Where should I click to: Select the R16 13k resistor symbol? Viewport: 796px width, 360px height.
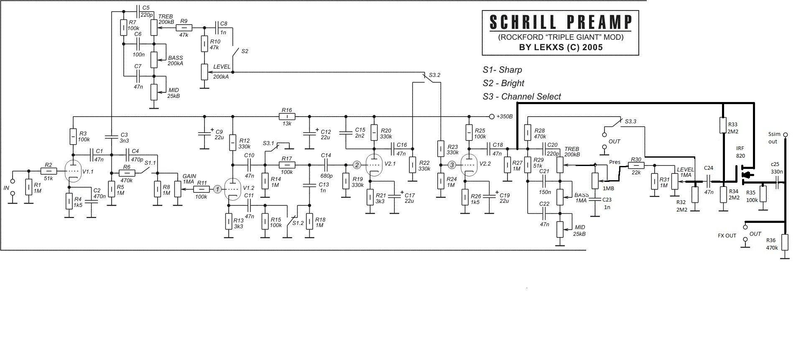[287, 116]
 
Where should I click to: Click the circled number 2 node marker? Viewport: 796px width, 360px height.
[357, 165]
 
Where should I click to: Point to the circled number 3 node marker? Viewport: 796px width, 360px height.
[452, 165]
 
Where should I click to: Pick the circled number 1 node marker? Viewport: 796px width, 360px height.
[217, 189]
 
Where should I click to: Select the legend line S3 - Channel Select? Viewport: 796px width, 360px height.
[521, 97]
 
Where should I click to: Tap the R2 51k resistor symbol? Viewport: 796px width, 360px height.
[49, 171]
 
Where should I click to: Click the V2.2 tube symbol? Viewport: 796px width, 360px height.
[470, 165]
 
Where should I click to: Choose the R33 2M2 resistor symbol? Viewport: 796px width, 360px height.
[723, 125]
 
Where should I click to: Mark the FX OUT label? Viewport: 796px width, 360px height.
[727, 236]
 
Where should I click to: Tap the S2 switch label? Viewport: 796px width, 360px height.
[245, 51]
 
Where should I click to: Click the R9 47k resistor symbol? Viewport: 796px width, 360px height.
[184, 28]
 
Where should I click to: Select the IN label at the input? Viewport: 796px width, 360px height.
[6, 188]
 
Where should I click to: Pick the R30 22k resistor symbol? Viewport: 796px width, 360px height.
[635, 166]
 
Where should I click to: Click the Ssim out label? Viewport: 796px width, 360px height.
[773, 138]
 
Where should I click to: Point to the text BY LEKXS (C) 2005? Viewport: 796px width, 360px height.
[561, 47]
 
